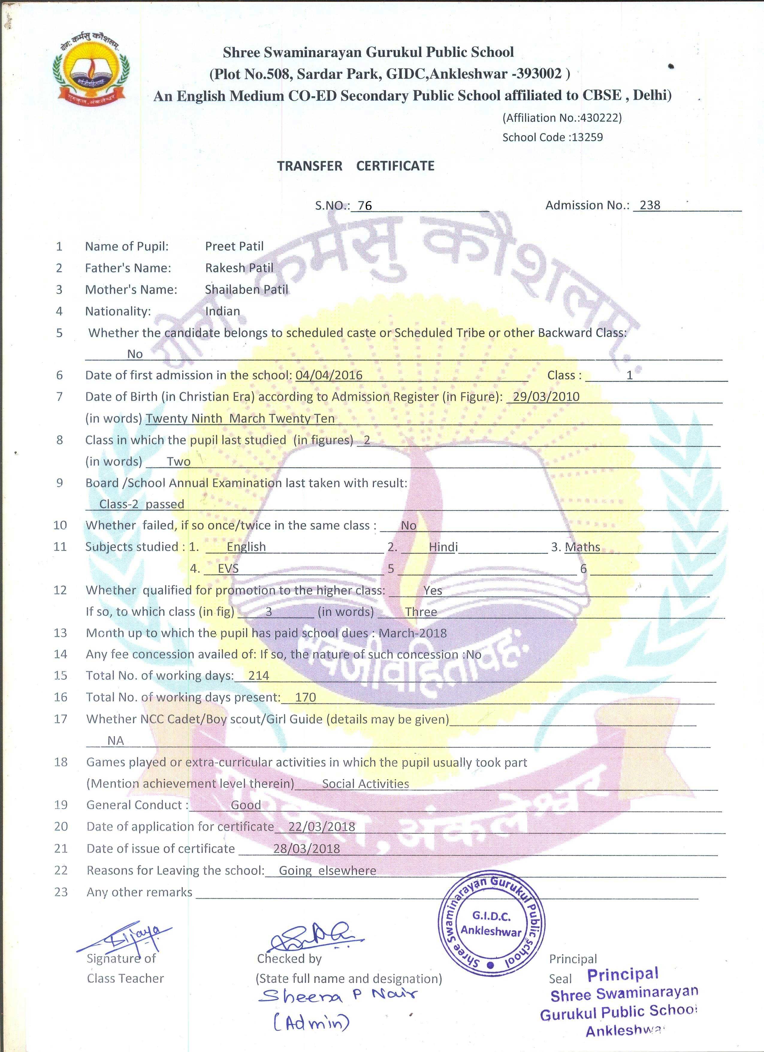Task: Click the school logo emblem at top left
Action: [91, 69]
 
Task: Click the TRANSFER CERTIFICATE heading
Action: [356, 166]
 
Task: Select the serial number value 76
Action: [365, 206]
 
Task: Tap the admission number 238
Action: [650, 205]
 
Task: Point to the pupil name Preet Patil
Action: [234, 246]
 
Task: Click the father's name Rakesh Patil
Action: [239, 268]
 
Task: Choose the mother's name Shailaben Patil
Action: [247, 290]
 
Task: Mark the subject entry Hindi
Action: [443, 547]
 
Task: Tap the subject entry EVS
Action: [228, 569]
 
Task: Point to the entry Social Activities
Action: [365, 783]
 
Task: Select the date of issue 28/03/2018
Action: [306, 848]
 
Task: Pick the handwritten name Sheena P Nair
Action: [337, 995]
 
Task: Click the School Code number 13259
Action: [587, 137]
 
